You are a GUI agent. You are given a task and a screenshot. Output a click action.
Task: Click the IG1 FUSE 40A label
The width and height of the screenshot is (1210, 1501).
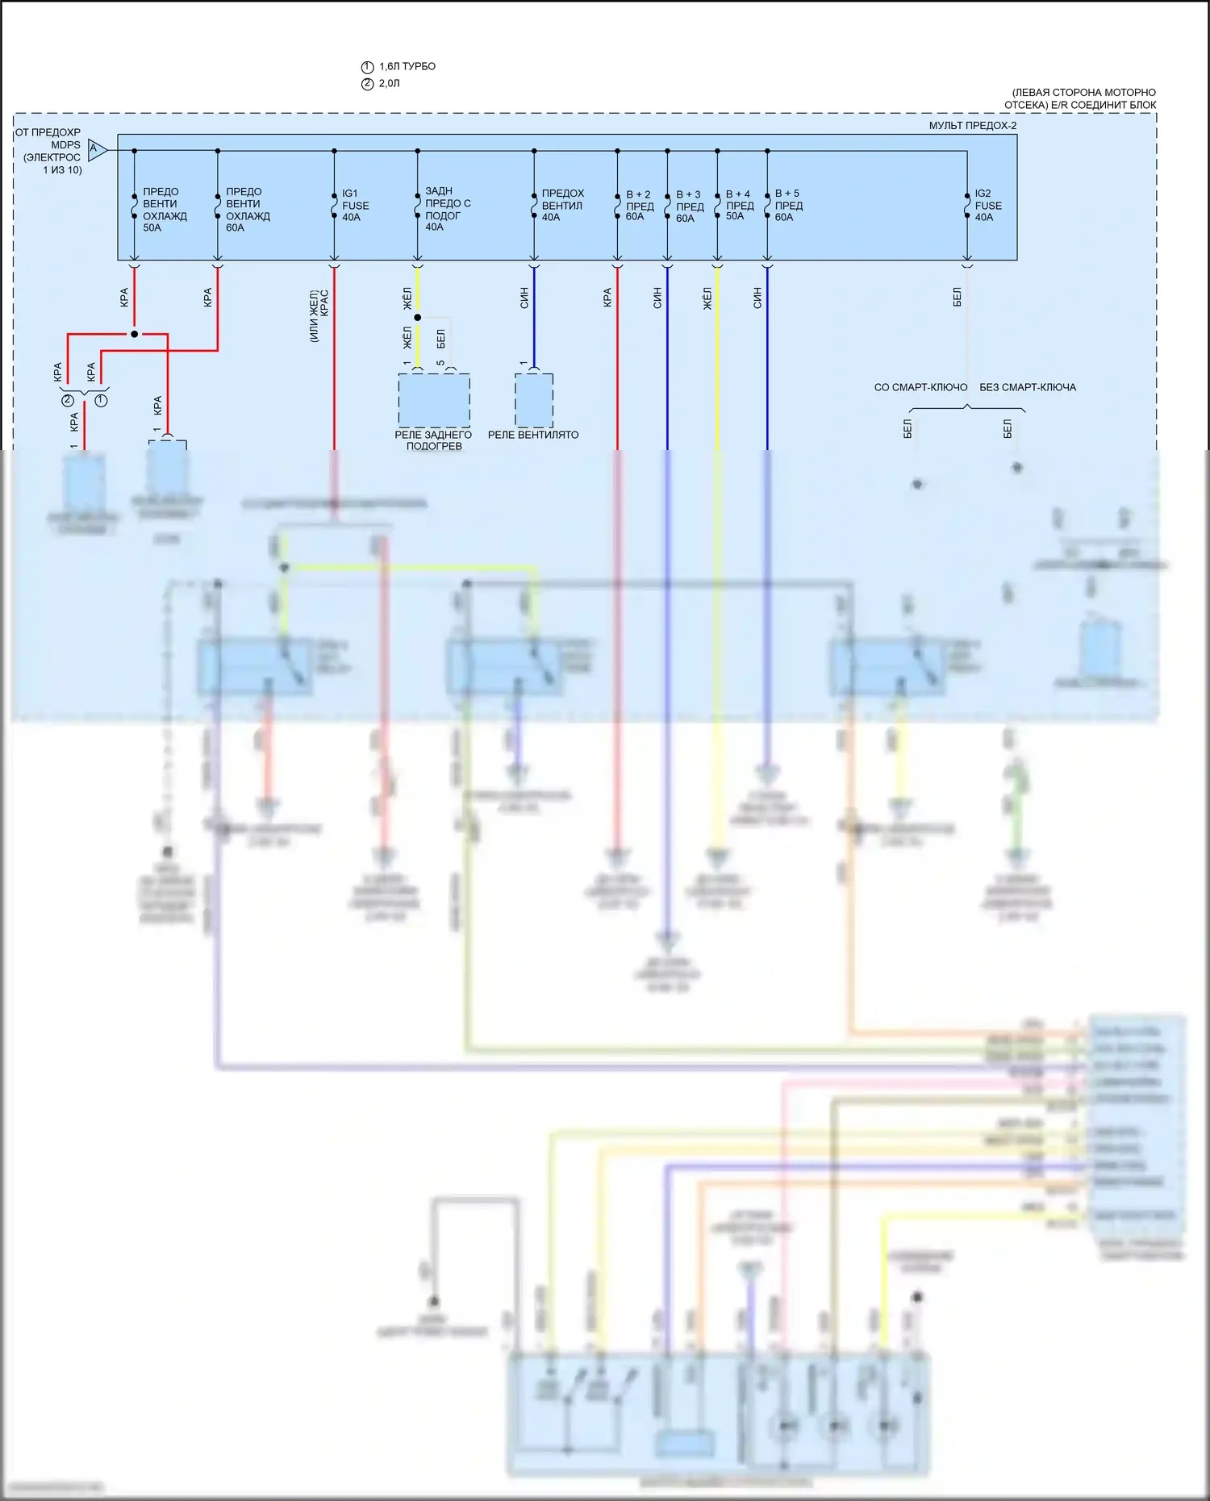click(355, 206)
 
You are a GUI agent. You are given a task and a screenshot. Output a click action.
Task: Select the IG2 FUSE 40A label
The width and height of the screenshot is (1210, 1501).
click(987, 206)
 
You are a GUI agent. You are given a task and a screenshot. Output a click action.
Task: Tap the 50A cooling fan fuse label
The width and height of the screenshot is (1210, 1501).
click(164, 210)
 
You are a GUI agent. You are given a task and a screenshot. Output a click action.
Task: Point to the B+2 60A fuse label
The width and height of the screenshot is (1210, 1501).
click(639, 206)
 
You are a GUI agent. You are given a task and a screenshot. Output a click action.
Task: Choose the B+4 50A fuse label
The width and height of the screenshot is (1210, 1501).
click(739, 205)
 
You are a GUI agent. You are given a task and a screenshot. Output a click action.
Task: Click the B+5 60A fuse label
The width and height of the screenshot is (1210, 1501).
click(788, 205)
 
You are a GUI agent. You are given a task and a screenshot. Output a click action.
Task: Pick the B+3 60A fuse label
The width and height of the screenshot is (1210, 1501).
click(689, 206)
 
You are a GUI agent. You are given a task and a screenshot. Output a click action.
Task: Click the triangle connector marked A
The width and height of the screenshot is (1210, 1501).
click(97, 149)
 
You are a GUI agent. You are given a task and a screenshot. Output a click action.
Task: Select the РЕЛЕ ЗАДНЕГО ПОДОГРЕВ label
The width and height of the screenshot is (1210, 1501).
click(433, 440)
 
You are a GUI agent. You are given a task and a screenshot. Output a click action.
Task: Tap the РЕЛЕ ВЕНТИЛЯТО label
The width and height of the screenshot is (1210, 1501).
click(533, 435)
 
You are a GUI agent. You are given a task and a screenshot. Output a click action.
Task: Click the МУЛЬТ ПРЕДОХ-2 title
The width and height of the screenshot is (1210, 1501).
click(972, 126)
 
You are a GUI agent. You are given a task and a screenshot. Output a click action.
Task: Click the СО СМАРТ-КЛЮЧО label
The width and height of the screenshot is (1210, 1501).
click(920, 387)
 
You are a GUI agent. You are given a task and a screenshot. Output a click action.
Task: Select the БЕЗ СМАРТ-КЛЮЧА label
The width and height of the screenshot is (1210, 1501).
click(1027, 387)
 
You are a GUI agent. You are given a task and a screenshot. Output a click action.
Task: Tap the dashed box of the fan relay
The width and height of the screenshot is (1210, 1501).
click(534, 400)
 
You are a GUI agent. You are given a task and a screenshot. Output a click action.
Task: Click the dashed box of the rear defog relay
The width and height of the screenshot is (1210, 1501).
click(434, 400)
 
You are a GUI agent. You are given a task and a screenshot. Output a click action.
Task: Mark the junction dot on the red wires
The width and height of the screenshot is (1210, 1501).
click(135, 334)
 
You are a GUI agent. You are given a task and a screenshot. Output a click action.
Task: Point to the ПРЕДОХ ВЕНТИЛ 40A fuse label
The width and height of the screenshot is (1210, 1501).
click(561, 205)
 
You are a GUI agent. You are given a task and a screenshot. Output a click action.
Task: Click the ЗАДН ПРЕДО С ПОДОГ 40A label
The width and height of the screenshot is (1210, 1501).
click(447, 209)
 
